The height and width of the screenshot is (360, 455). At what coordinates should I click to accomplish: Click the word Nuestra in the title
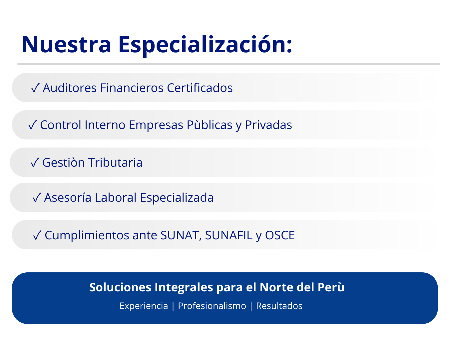coord(66,45)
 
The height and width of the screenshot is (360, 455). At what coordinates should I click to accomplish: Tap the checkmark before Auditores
coord(35,88)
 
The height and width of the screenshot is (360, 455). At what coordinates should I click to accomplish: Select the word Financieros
coord(132,88)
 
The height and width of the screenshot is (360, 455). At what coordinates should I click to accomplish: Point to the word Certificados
coord(200,88)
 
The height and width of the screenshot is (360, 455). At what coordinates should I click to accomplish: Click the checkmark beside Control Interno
coord(33,125)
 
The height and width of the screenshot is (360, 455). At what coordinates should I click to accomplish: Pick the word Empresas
coord(156,125)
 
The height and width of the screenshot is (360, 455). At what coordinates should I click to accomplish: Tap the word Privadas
coord(268,125)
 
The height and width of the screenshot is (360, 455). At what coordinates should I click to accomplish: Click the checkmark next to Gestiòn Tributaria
coord(35,162)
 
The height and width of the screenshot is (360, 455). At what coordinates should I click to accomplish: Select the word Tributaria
coord(116,162)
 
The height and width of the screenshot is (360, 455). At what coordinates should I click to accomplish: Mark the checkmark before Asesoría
coord(37,197)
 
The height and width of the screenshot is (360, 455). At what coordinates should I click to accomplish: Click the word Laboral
coord(116,197)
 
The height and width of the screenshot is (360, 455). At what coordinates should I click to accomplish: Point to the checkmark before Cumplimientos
coord(37,235)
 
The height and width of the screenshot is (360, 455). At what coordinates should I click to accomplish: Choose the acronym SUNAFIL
coord(229,235)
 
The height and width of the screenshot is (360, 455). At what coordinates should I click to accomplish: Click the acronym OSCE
coord(280,235)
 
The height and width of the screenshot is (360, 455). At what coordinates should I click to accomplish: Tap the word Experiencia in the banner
coord(144,306)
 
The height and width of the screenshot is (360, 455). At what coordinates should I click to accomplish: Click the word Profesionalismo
coord(212,306)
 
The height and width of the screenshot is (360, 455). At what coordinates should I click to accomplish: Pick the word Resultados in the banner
coord(279,306)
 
